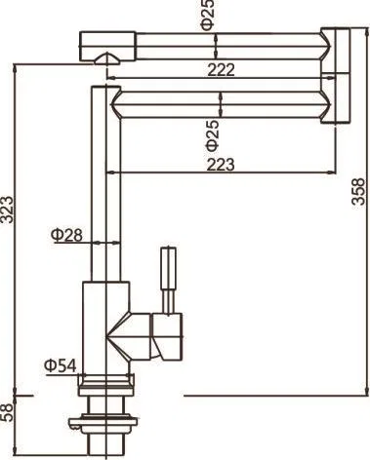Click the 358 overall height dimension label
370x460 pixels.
359,191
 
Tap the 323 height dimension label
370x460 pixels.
7,210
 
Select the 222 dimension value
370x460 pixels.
221,69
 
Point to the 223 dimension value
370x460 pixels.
221,165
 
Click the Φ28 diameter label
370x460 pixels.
66,235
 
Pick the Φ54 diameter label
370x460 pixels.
61,365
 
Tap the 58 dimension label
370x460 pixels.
7,412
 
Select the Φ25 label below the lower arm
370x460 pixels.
213,135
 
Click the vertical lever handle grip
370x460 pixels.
169,268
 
